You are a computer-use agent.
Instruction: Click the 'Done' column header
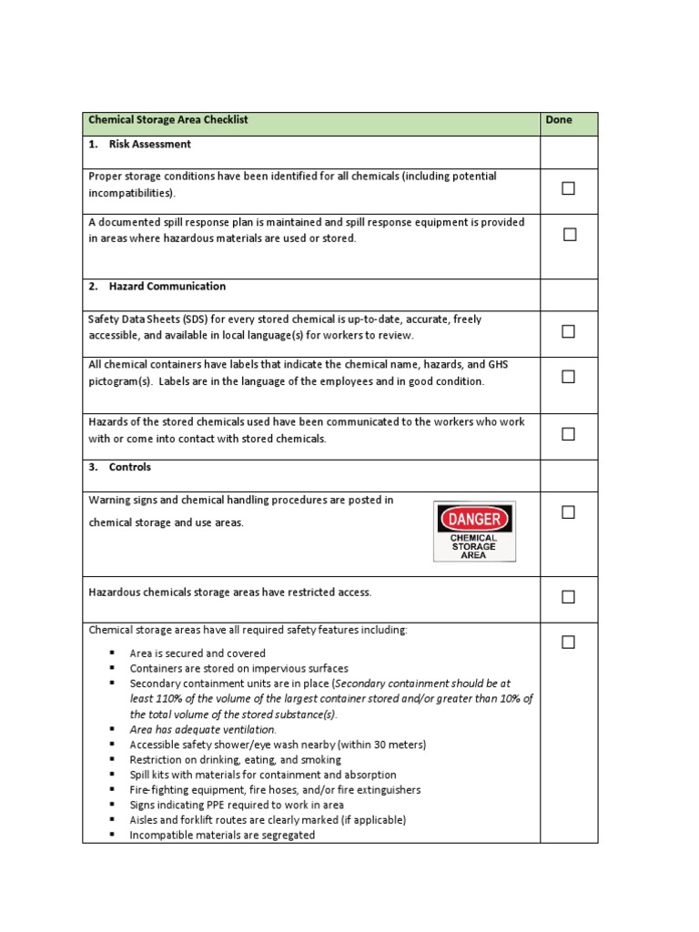point(559,120)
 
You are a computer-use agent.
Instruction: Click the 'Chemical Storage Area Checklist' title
point(168,120)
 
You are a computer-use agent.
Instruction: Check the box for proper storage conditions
point(569,188)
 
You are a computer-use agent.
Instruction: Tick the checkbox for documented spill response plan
point(570,234)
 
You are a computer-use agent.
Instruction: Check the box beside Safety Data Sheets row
point(569,331)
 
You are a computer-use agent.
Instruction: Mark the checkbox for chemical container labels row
point(569,377)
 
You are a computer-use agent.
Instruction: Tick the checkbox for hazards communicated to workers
point(569,434)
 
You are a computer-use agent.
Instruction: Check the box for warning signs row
point(569,512)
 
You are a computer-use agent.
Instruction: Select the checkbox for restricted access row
point(569,597)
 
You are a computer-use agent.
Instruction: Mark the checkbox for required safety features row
point(569,643)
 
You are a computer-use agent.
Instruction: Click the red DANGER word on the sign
point(474,519)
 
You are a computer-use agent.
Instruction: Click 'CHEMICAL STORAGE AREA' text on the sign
point(474,546)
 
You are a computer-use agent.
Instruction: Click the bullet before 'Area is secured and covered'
point(112,653)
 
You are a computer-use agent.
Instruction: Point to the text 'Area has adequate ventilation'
point(202,729)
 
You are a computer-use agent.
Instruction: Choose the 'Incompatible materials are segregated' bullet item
point(222,835)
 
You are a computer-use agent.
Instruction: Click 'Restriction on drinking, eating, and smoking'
point(236,759)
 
